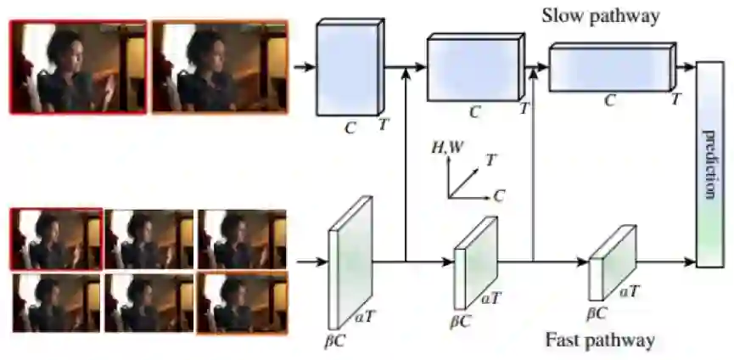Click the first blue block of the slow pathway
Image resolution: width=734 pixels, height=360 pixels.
point(347,70)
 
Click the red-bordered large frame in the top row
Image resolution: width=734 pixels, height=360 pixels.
point(78,66)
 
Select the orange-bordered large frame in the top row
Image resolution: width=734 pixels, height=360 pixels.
point(220,66)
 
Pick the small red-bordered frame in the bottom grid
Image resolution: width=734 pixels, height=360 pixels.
point(56,239)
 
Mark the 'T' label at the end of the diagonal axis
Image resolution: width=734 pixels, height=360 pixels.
point(491,159)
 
